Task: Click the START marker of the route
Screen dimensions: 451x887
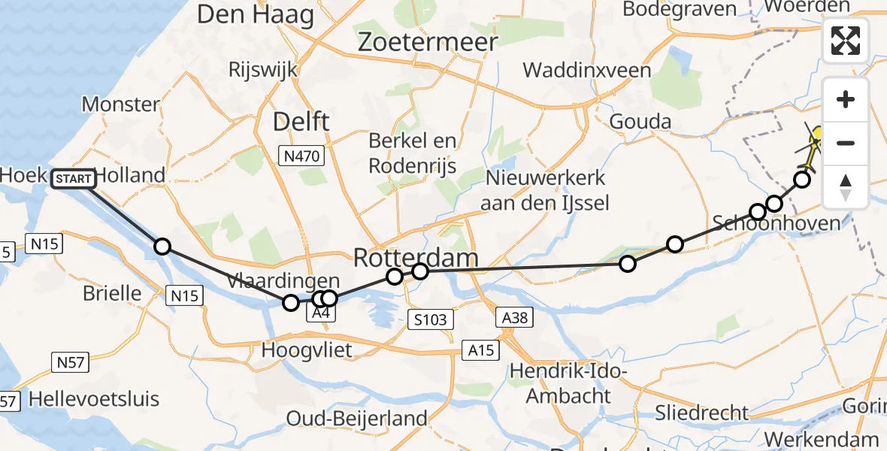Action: (74, 178)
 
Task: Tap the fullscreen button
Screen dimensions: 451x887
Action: (846, 41)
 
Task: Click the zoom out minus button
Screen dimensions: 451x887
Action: (846, 143)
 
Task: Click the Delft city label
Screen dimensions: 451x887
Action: (301, 121)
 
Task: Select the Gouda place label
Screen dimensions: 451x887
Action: (640, 121)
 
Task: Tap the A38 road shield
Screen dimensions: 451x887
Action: (515, 319)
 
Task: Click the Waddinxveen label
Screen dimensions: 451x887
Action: (587, 71)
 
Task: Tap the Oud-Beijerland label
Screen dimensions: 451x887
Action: (357, 419)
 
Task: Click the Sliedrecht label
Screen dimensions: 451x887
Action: (702, 413)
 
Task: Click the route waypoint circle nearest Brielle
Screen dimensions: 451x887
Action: (162, 247)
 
